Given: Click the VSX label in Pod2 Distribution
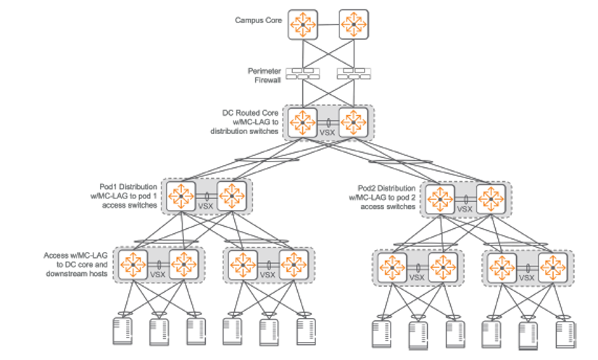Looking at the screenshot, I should [465, 209].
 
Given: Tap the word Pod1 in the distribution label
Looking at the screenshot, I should [109, 187].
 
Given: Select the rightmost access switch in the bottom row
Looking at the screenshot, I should [550, 267].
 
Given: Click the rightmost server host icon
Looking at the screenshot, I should [565, 334].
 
